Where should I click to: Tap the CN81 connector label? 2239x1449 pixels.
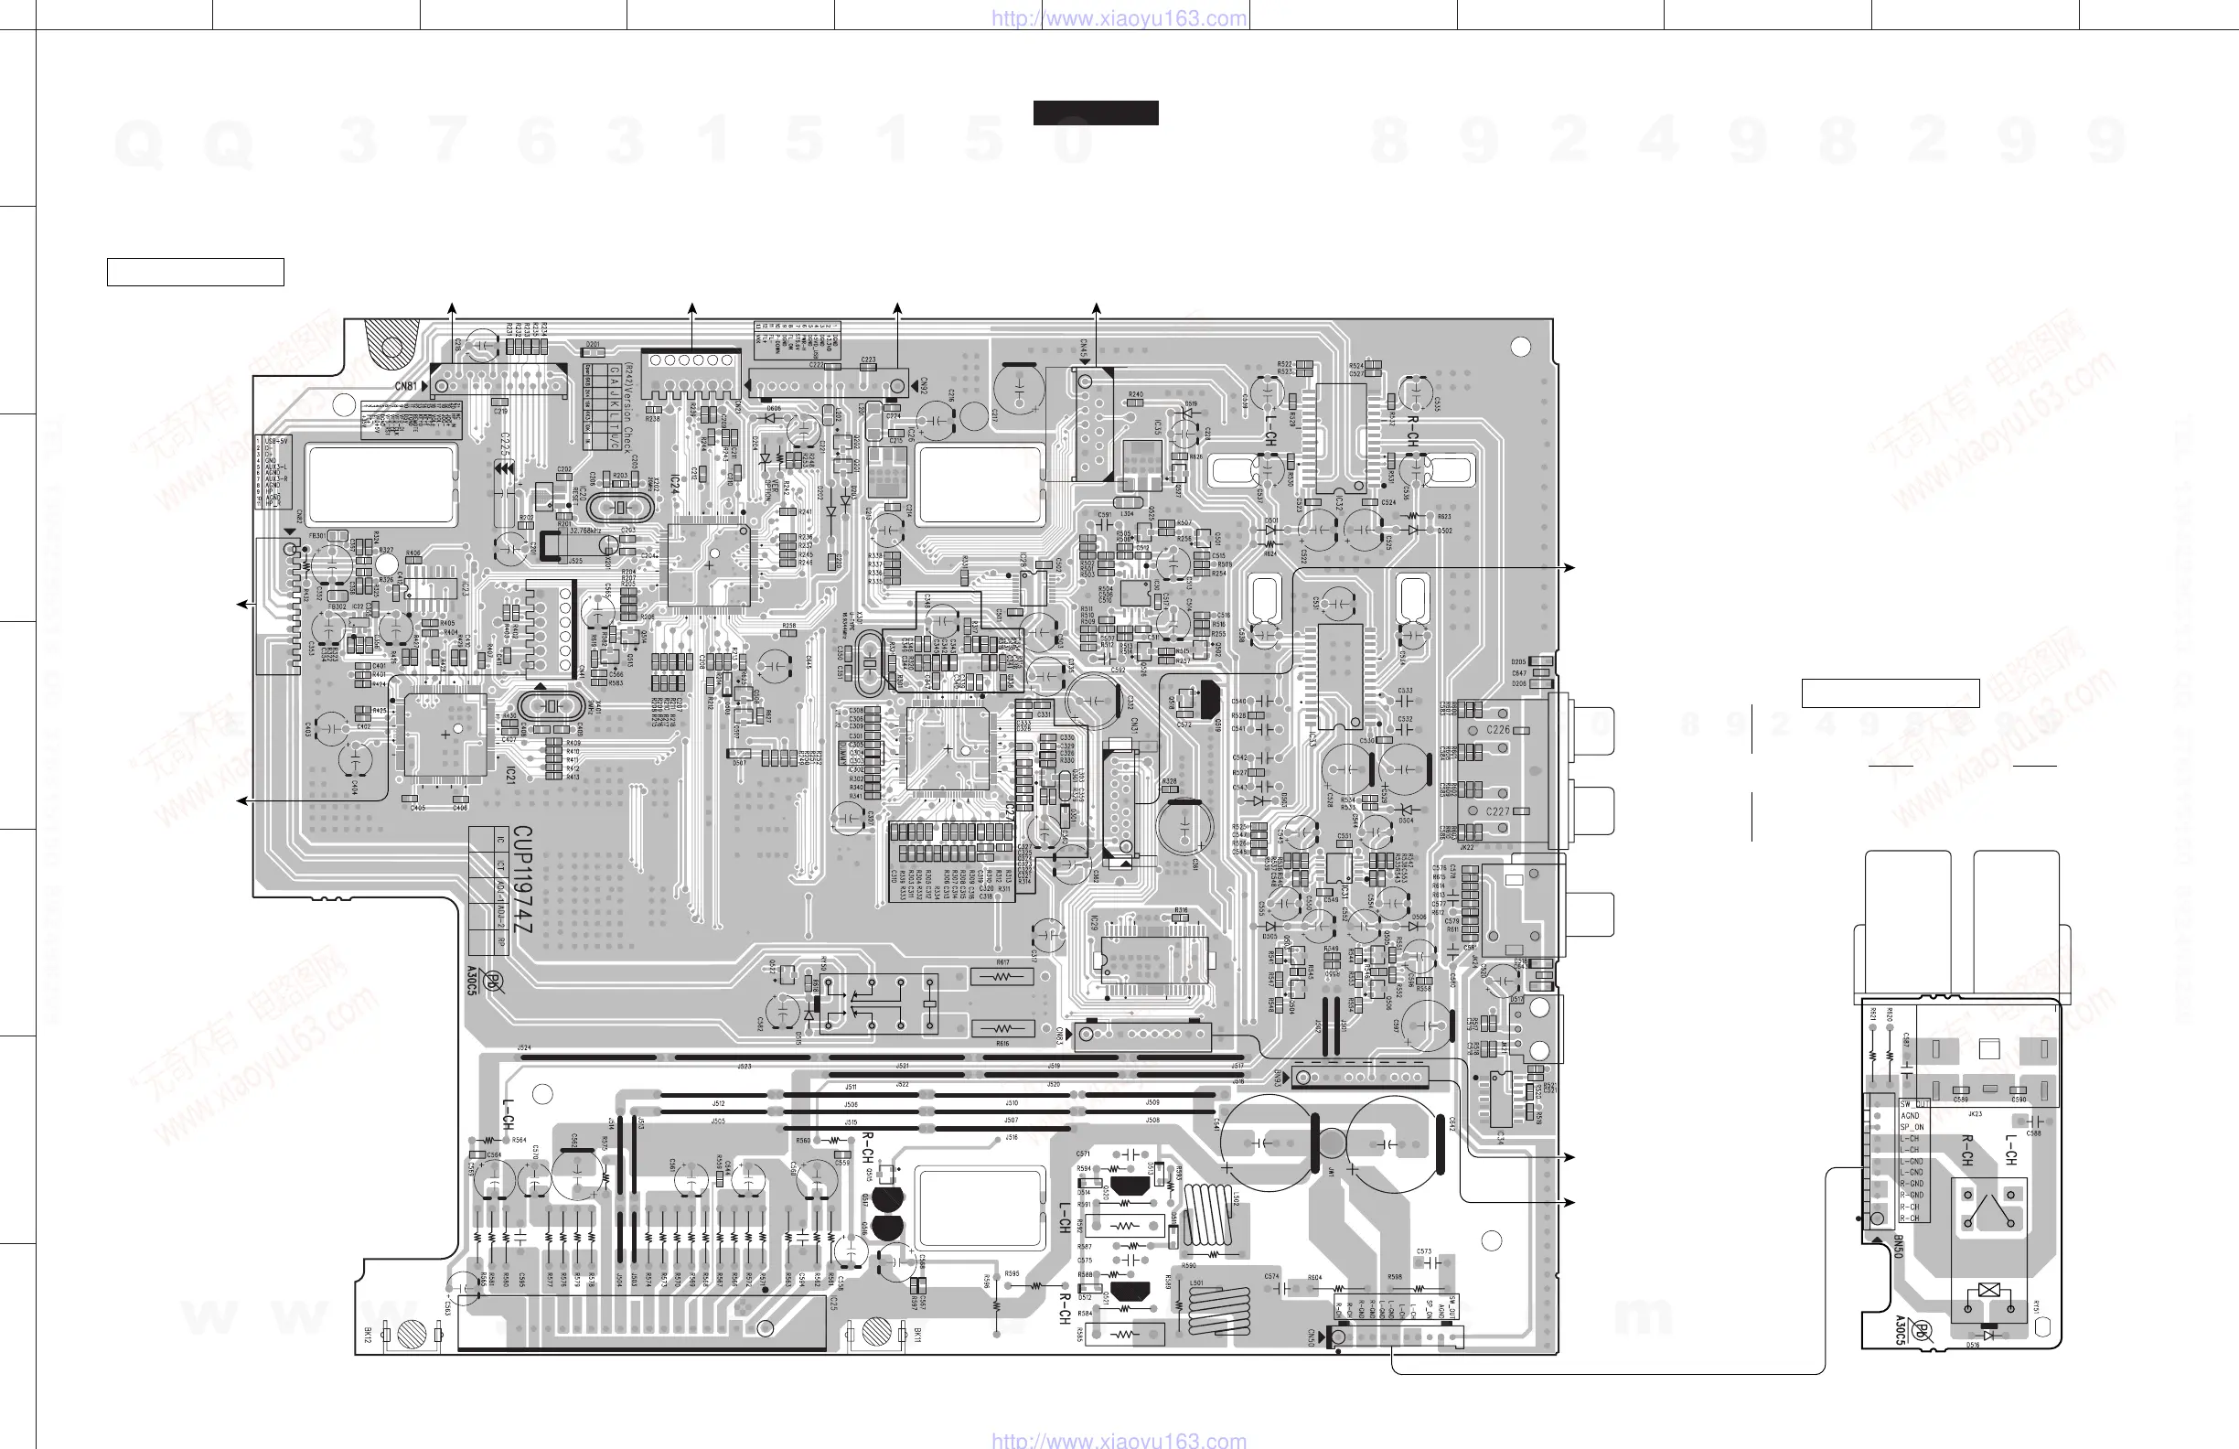[x=405, y=387]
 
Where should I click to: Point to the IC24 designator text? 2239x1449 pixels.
[x=674, y=487]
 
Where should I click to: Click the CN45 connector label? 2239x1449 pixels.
[x=1084, y=350]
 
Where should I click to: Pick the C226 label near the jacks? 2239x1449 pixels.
[x=1497, y=730]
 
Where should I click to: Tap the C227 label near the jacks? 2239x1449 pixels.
[x=1497, y=812]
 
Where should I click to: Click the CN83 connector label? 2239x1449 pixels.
[x=1059, y=1036]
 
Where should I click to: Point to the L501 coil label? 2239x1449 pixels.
[x=1195, y=1283]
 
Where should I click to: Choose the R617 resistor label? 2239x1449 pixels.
[x=1002, y=962]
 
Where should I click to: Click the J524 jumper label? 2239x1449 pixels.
[x=524, y=1047]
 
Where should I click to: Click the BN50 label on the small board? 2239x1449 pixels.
[x=1899, y=1248]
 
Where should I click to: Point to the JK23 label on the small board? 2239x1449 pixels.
[x=1976, y=1114]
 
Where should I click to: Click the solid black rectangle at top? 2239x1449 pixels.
[x=1095, y=113]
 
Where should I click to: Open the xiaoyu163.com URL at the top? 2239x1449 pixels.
[x=1119, y=18]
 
